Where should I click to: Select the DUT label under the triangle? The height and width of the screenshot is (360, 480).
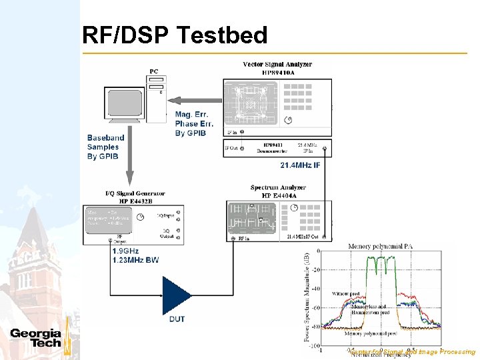[x=177, y=319]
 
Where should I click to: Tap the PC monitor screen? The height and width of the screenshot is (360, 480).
[x=124, y=103]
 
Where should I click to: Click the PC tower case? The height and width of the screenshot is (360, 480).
[x=157, y=97]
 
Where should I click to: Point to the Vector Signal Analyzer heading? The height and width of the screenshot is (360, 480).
[x=277, y=65]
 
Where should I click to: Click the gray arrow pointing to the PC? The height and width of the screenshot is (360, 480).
[x=194, y=100]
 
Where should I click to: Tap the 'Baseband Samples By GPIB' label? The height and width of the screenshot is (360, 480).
[x=103, y=147]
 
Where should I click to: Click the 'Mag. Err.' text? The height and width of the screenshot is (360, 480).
[x=192, y=115]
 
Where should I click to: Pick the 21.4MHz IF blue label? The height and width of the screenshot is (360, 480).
[x=300, y=165]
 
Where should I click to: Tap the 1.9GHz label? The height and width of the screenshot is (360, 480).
[x=127, y=251]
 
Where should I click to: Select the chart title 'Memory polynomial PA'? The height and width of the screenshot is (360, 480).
[x=378, y=247]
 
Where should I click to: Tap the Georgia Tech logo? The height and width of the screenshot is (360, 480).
[x=36, y=338]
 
